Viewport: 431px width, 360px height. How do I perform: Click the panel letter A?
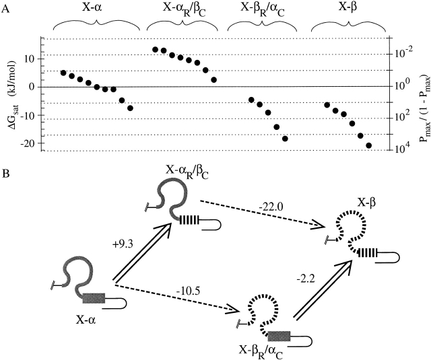[5, 5]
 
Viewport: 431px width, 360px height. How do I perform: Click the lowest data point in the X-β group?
[368, 145]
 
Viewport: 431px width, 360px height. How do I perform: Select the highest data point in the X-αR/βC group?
[155, 50]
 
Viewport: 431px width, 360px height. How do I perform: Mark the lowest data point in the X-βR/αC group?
[285, 139]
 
